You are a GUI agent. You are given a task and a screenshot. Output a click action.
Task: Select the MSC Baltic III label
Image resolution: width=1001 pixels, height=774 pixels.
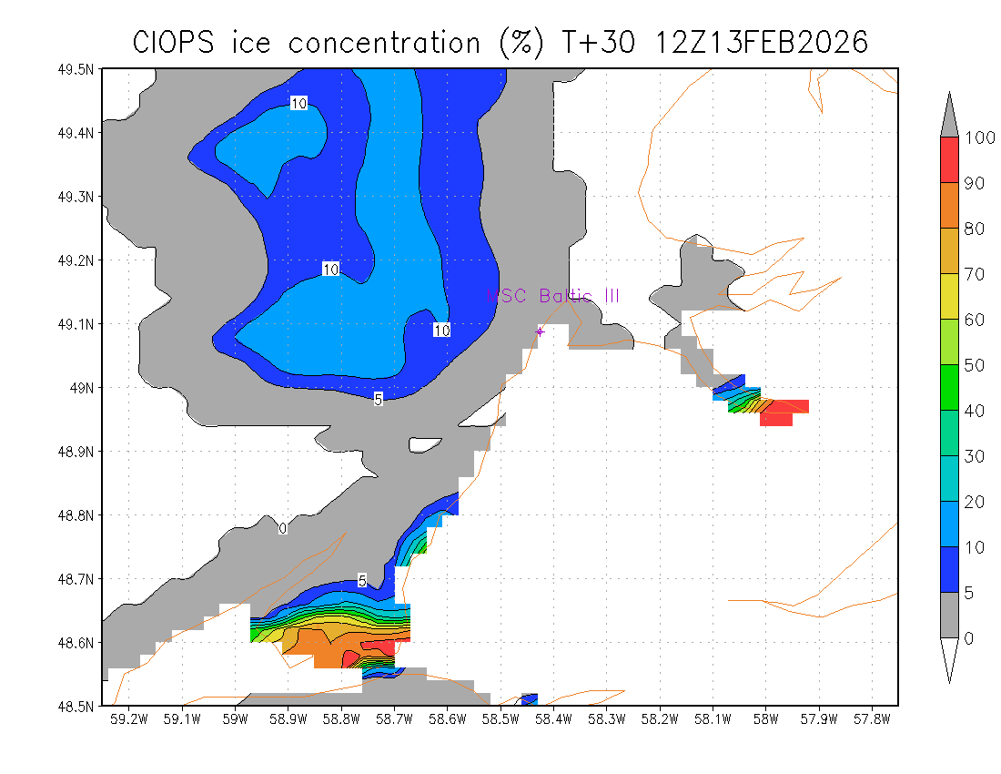(x=552, y=296)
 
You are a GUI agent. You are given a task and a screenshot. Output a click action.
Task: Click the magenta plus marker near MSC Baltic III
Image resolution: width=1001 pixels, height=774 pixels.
(x=540, y=331)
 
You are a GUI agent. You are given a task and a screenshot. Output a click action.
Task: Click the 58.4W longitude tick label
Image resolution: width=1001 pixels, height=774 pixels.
(x=553, y=719)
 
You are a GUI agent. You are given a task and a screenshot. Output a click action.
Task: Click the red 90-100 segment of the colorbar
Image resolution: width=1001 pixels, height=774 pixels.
(x=948, y=159)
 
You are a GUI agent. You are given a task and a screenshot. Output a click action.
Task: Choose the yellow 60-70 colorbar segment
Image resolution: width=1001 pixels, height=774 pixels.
(x=948, y=296)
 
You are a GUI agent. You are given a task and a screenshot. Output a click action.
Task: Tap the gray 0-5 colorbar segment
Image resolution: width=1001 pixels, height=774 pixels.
(x=948, y=615)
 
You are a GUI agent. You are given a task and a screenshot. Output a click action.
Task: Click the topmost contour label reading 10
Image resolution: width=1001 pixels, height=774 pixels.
(x=298, y=104)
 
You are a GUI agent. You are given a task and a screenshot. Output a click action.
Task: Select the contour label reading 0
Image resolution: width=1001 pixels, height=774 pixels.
(x=283, y=528)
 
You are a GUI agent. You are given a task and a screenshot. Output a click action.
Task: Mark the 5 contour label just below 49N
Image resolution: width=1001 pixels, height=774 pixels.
(x=378, y=399)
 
